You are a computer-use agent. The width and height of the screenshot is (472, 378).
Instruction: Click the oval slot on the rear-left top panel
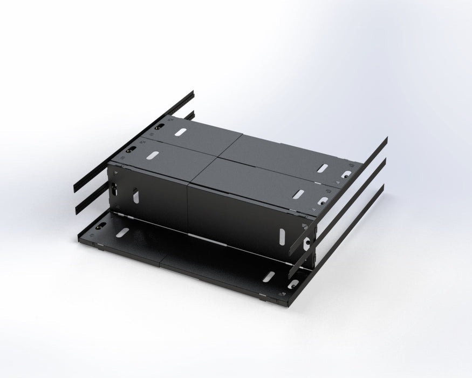pos(181,132)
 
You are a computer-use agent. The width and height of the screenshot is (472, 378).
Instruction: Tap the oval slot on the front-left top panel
pos(153,156)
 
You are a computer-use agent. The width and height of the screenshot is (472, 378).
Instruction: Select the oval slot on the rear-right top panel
pos(322,168)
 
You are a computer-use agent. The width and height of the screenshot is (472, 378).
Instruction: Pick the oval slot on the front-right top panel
pos(298,193)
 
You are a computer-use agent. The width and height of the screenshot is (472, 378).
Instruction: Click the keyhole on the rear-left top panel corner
pos(160,127)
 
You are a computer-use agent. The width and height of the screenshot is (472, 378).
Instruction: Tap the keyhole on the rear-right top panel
pos(346,174)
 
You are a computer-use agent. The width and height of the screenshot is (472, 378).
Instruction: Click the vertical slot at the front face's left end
pos(135,197)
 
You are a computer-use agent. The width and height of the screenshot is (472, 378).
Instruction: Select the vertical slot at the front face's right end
pos(282,236)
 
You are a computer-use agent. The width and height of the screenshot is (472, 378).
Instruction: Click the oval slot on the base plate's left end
pos(122,232)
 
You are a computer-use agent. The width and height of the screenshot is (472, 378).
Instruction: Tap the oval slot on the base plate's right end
pos(268,276)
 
